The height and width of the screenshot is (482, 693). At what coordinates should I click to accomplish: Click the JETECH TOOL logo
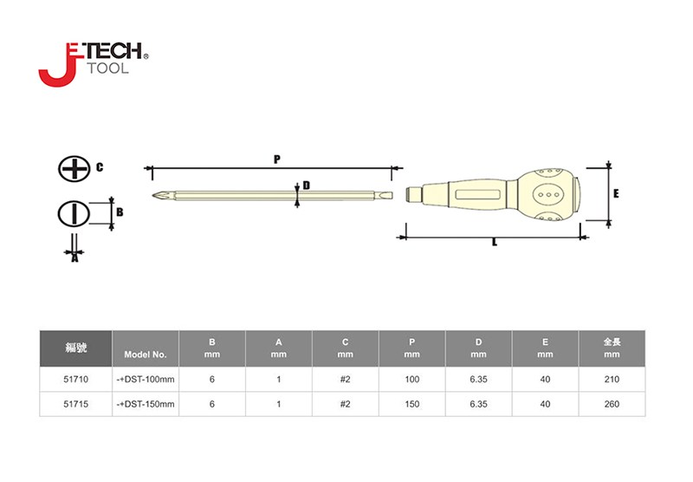pos(94,64)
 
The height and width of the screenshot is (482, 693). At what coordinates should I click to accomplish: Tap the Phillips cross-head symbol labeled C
pos(74,168)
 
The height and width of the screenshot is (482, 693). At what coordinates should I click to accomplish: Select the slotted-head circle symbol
pos(74,214)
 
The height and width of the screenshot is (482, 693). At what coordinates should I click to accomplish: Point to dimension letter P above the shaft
pos(277,160)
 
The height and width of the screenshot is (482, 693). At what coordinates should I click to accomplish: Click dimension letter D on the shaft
pos(307,186)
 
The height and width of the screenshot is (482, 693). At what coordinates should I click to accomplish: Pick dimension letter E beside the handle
pos(616,193)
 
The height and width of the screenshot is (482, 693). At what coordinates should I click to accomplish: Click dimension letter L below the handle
pos(494,243)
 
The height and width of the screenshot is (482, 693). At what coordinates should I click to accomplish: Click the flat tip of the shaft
pos(383,195)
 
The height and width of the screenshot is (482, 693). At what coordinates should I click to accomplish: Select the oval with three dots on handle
pos(548,194)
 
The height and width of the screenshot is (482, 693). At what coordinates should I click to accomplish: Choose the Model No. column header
pos(146,355)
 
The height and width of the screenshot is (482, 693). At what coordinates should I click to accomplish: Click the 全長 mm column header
pos(612,348)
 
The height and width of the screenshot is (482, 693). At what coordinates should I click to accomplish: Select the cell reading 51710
pos(76,380)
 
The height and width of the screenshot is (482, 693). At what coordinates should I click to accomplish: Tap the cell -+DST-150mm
pos(146,404)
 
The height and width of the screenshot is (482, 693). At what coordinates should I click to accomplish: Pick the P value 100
pos(412,380)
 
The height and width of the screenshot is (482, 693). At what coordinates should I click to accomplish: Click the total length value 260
pos(612,404)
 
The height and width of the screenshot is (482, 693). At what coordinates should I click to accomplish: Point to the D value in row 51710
pos(479,380)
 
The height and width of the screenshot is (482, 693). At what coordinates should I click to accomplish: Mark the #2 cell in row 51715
pos(345,404)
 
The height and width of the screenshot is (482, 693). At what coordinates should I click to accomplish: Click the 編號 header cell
pos(76,348)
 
